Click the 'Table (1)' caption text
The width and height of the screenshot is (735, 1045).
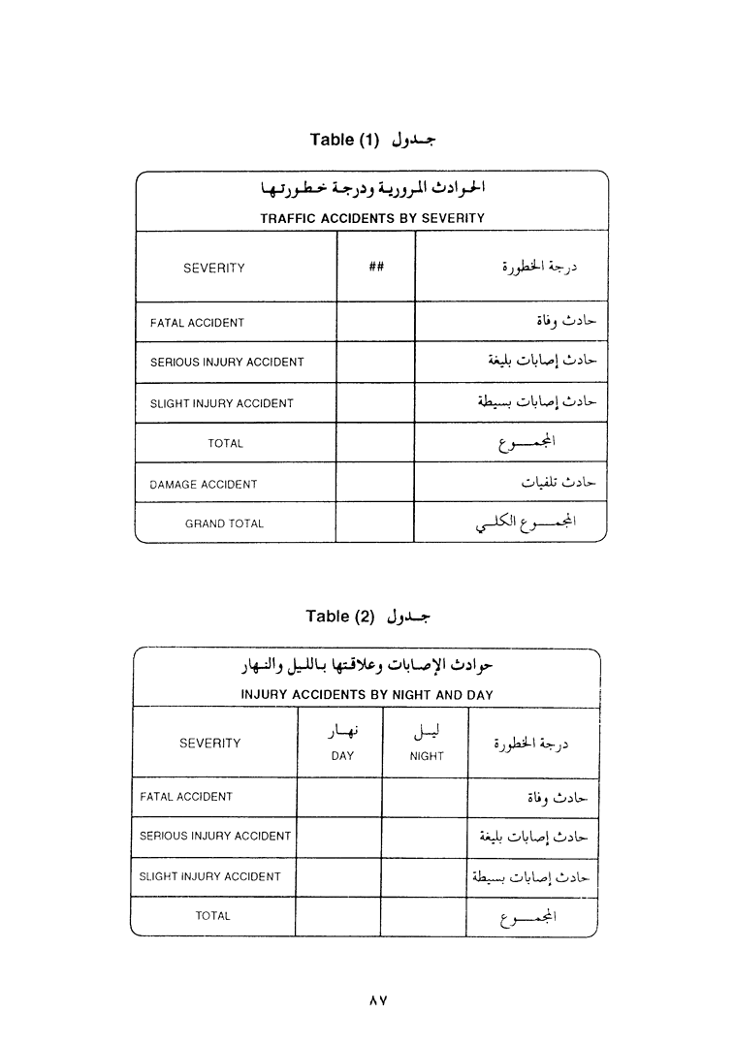[x=345, y=140]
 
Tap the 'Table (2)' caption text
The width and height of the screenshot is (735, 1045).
[x=339, y=617]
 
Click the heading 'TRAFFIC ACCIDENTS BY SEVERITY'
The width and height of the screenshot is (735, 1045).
[x=371, y=218]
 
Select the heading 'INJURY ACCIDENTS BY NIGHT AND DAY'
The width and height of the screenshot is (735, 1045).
[x=367, y=694]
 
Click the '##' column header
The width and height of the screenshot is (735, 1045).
[x=376, y=268]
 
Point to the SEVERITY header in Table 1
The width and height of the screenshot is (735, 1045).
[x=213, y=269]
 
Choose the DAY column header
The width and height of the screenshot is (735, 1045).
[x=342, y=756]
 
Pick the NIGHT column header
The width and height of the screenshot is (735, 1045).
[x=427, y=756]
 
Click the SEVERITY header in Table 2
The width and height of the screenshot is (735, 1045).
[x=209, y=744]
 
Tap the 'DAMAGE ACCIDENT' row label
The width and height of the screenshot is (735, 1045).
[x=204, y=484]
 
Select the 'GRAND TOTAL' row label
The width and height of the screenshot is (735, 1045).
[x=224, y=523]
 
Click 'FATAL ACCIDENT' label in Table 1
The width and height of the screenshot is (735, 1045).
[x=197, y=323]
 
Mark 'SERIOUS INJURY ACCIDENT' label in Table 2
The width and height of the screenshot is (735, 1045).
[x=215, y=836]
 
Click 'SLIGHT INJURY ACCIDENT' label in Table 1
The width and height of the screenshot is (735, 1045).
[x=221, y=403]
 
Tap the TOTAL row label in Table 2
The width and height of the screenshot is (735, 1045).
[x=212, y=916]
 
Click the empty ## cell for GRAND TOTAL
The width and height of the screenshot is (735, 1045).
[x=374, y=522]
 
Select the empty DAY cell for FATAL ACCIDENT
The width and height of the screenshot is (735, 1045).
[x=339, y=797]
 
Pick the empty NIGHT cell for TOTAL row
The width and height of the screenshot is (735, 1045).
[x=424, y=916]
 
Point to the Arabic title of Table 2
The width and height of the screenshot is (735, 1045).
[x=367, y=668]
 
